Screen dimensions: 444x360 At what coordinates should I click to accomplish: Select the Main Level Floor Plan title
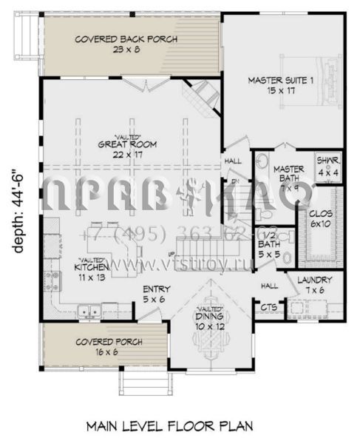[x=169, y=426]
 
